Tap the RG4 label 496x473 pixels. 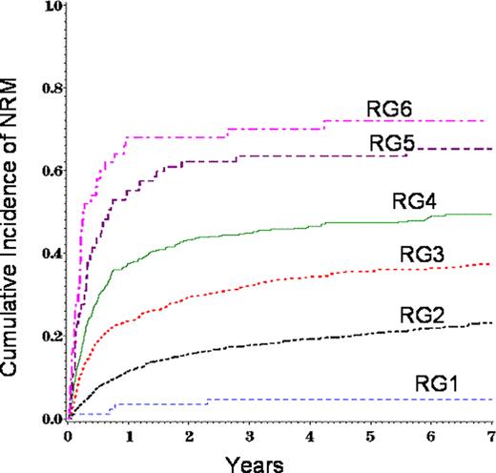tap(414, 201)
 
